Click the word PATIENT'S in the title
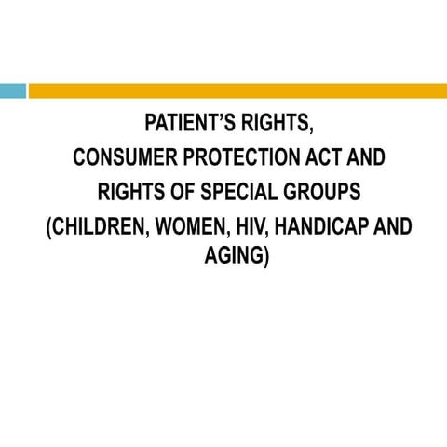[187, 124]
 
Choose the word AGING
[234, 254]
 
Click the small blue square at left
[12, 90]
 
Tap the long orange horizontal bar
[237, 90]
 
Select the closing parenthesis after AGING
[267, 255]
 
